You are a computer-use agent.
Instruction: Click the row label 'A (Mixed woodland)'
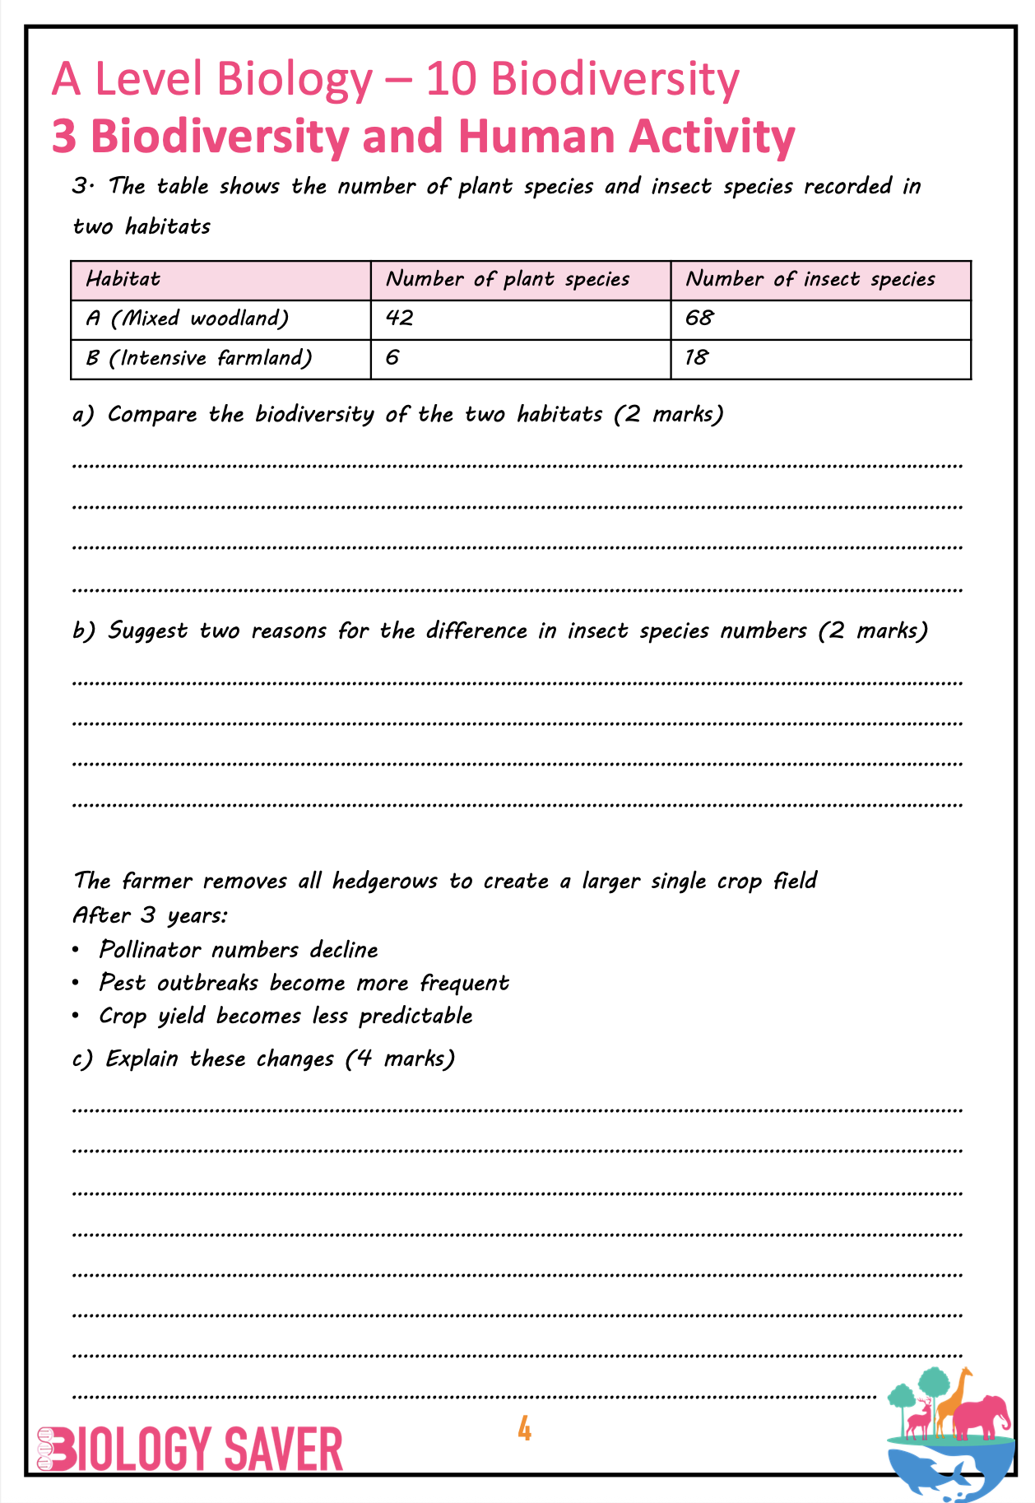[188, 319]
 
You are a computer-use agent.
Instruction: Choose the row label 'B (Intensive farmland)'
[199, 358]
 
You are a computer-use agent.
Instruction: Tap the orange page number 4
[524, 1430]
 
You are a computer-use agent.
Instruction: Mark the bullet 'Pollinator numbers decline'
[239, 950]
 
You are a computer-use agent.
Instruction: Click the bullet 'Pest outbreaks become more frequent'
[304, 983]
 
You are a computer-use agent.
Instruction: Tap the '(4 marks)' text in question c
[400, 1059]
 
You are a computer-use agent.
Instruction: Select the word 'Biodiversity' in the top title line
[615, 80]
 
